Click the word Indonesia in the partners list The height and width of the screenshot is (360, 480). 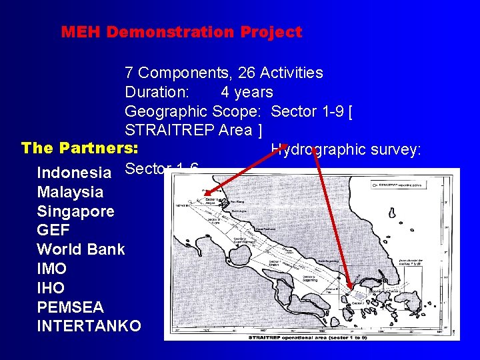(x=73, y=173)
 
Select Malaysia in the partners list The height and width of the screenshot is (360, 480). (x=70, y=193)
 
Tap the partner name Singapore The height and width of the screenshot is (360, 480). (x=75, y=212)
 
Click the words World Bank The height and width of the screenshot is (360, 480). (x=81, y=250)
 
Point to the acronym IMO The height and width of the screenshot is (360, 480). (x=51, y=269)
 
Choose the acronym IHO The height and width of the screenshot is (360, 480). (x=51, y=288)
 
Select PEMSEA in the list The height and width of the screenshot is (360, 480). (x=70, y=307)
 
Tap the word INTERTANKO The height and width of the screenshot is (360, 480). (x=89, y=327)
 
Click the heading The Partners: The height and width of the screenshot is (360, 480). (x=80, y=147)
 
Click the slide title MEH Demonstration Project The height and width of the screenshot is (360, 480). (x=181, y=31)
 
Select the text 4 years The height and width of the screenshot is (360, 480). (x=247, y=92)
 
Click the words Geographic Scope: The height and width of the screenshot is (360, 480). (x=192, y=111)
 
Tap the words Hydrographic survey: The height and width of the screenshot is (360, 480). (x=346, y=150)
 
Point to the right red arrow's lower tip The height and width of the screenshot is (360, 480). (x=348, y=289)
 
